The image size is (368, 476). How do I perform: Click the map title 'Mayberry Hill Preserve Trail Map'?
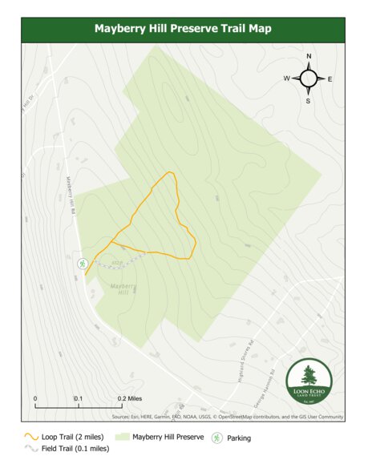184,28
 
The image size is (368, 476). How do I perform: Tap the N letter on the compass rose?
309,56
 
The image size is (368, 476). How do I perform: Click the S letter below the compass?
309,101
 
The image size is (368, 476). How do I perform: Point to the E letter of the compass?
330,79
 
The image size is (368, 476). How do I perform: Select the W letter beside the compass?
286,79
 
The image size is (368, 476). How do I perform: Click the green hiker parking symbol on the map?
82,263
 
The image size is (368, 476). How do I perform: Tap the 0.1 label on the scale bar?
79,398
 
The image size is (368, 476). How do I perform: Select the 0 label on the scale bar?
35,398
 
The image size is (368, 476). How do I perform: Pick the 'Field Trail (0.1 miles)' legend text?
75,449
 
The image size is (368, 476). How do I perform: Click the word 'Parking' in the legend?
240,438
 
